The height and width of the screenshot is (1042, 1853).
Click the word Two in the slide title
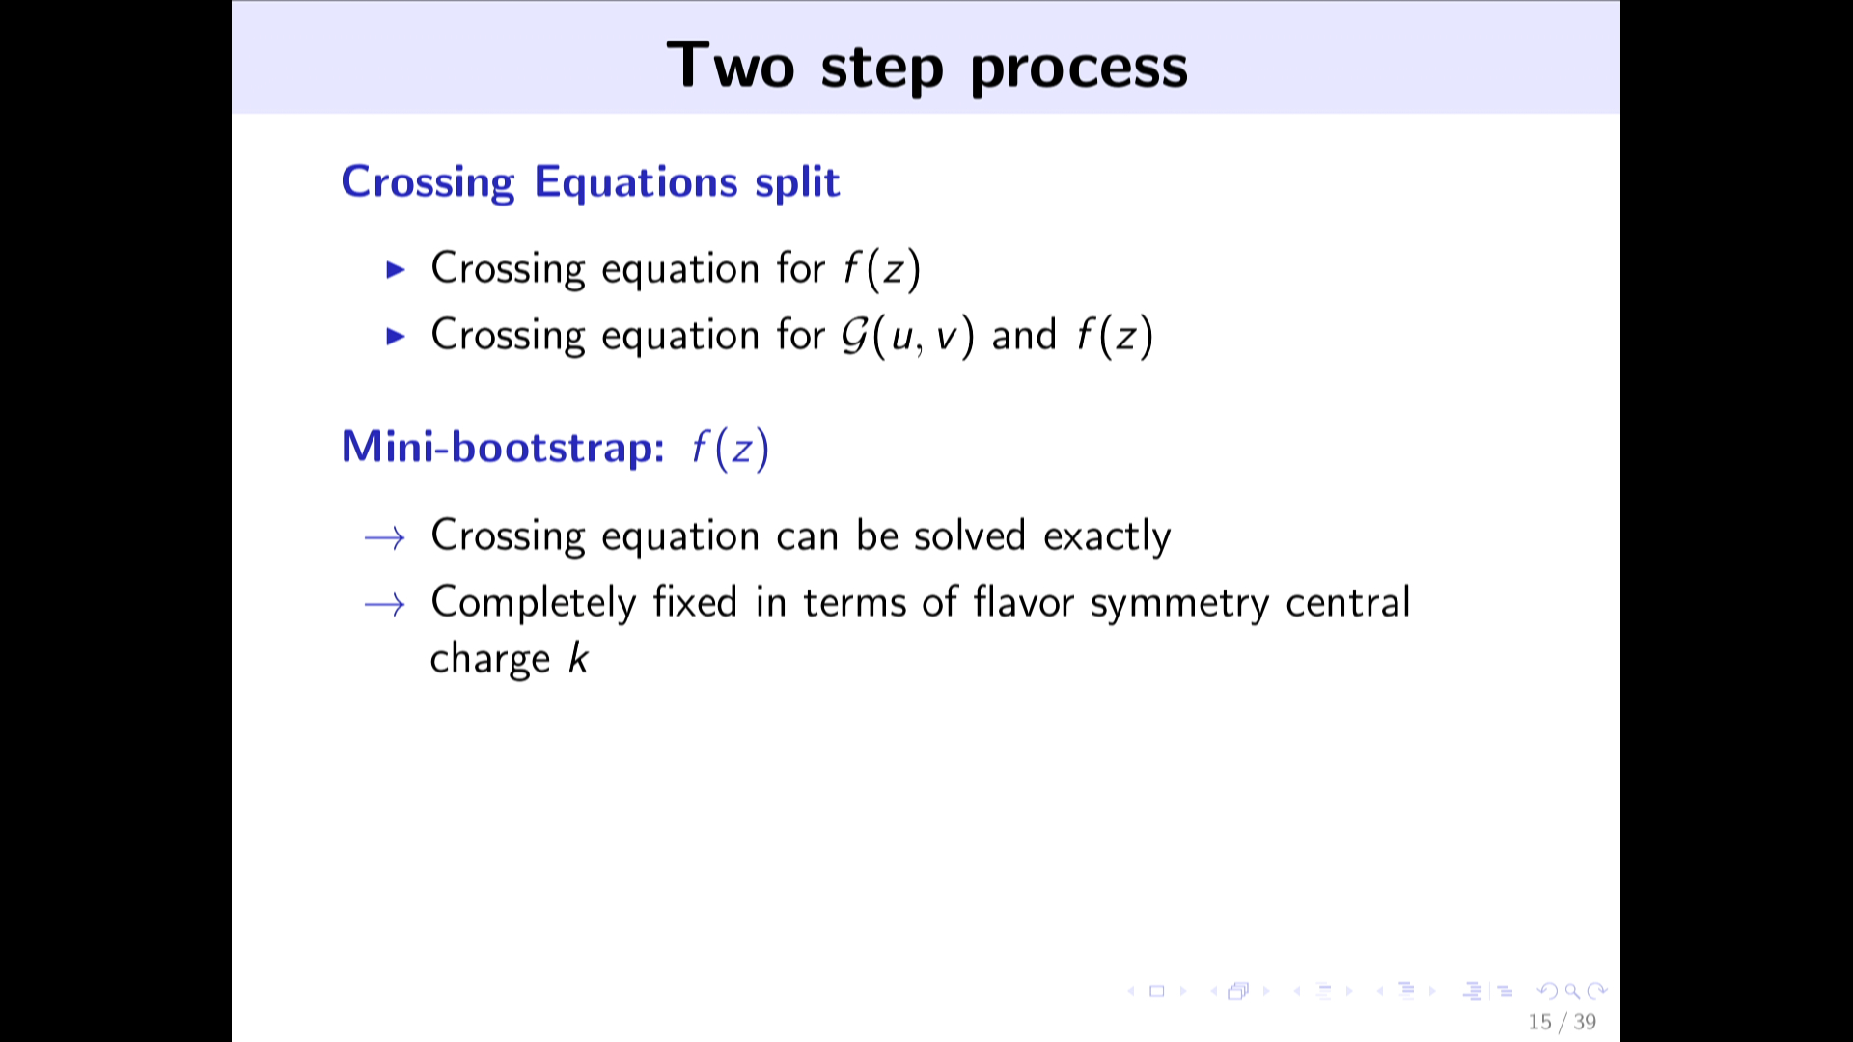(731, 66)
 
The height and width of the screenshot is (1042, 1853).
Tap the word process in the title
(1079, 69)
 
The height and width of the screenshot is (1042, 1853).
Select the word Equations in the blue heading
(636, 183)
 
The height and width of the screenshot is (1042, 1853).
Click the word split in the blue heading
(797, 182)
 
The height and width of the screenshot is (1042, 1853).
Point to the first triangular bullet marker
(396, 269)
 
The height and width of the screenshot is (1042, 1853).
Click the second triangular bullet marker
(396, 336)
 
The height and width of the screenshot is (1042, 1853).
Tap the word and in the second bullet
(1024, 336)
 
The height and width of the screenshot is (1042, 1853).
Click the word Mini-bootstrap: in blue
(503, 448)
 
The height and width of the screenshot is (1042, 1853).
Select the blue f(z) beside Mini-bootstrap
(731, 449)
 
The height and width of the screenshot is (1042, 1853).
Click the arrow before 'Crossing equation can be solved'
(384, 537)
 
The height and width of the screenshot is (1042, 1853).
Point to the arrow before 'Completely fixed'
(384, 605)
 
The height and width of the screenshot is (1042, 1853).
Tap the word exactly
(1107, 536)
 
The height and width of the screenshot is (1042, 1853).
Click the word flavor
(1023, 602)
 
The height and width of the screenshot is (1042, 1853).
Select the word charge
(490, 660)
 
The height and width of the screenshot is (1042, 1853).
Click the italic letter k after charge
(578, 658)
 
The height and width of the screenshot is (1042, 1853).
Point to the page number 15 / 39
(1562, 1022)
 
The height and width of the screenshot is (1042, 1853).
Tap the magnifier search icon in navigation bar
(1572, 991)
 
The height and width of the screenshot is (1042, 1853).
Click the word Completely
(534, 604)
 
